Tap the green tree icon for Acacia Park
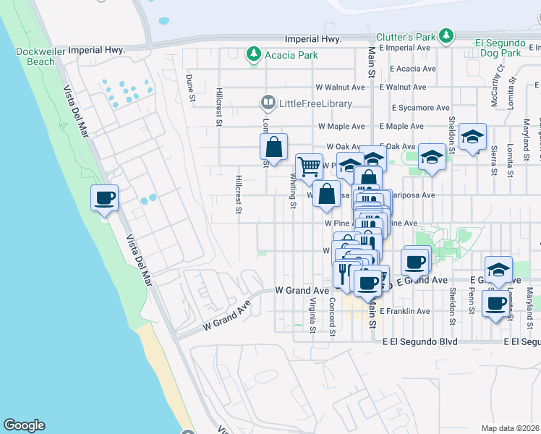point(253,54)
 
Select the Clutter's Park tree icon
point(447,35)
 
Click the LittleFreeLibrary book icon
point(268,103)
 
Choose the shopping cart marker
point(309,166)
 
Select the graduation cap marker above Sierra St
point(472,137)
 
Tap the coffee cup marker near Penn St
point(496,304)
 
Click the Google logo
point(24,425)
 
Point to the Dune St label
point(190,87)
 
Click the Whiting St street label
point(293,191)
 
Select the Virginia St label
point(313,315)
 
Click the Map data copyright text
point(510,428)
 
